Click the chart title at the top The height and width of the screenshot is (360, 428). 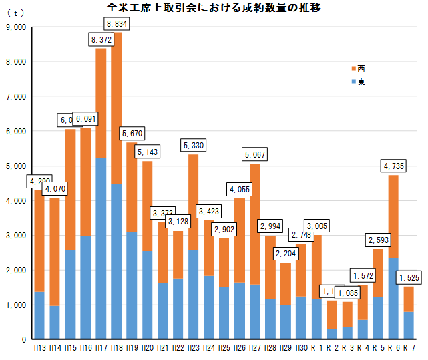[x=213, y=8]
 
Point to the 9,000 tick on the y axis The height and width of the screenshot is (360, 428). [x=15, y=27]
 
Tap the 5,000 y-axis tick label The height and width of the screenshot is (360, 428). [x=15, y=166]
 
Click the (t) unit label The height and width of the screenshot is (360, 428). [x=15, y=13]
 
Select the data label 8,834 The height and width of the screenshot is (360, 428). [x=117, y=24]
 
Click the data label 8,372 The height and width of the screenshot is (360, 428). [x=101, y=41]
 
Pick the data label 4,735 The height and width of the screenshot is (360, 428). [x=394, y=166]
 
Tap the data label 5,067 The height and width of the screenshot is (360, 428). [x=255, y=155]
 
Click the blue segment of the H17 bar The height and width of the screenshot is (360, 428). [x=101, y=247]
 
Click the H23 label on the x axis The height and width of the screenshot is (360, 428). [x=194, y=349]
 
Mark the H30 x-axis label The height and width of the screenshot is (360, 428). [x=301, y=349]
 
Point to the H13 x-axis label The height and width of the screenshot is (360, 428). [x=39, y=349]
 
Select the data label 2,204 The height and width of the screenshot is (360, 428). [x=286, y=254]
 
